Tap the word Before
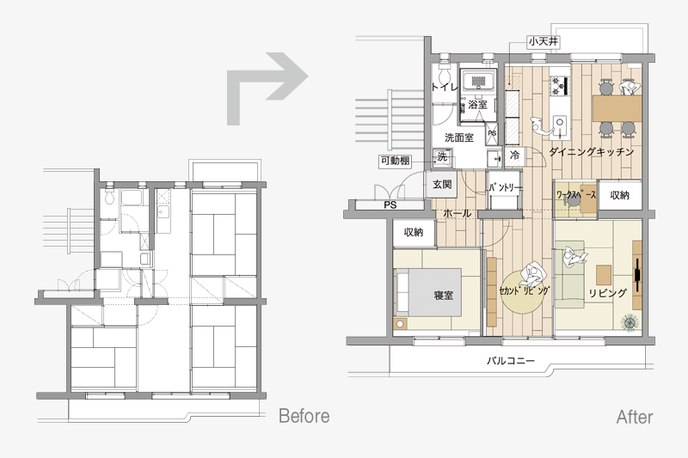pos(304,416)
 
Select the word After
pos(635,417)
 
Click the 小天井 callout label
pos(544,41)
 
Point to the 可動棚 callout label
pos(395,161)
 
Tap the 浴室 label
pos(477,104)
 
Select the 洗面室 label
pos(459,137)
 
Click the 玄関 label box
pos(442,185)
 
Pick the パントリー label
pos(506,187)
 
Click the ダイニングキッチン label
pos(592,151)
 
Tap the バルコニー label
pos(511,361)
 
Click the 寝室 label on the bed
pos(443,296)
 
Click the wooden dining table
pos(617,108)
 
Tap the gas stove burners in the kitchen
pos(560,85)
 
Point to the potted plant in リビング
pos(630,322)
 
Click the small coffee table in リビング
pos(604,275)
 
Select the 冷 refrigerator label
pos(514,155)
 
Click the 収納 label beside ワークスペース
pos(619,195)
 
